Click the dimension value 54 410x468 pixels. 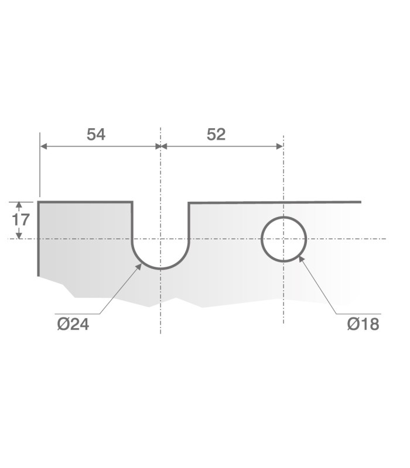pyautogui.click(x=96, y=134)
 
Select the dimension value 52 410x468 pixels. pyautogui.click(x=216, y=134)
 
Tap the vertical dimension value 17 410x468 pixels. pyautogui.click(x=20, y=220)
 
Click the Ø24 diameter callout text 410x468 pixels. pyautogui.click(x=73, y=324)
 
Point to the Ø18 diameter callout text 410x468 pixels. pyautogui.click(x=363, y=324)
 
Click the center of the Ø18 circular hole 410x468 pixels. pyautogui.click(x=283, y=239)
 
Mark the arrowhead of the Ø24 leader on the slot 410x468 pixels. pyautogui.click(x=140, y=265)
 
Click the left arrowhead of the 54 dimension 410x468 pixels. pyautogui.click(x=43, y=146)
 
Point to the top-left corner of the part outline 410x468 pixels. pyautogui.click(x=39, y=202)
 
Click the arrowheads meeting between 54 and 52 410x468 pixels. pyautogui.click(x=160, y=146)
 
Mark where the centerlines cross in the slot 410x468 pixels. pyautogui.click(x=160, y=239)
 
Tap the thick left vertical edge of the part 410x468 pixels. pyautogui.click(x=39, y=240)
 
